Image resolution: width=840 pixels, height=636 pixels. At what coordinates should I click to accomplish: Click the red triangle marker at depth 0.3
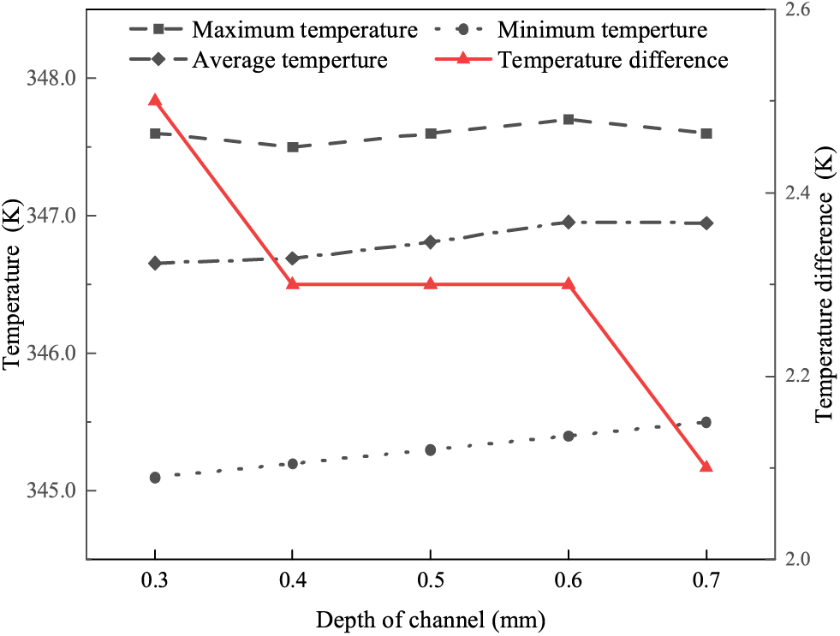pos(155,101)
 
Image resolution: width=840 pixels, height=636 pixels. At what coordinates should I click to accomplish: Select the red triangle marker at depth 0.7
pos(706,467)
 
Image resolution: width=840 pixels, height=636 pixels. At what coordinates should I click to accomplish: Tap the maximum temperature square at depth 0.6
pos(569,119)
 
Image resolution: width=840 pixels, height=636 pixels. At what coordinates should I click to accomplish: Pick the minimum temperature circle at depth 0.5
pos(431,450)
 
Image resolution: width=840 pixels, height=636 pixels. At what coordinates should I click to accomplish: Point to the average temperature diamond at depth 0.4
pos(293,259)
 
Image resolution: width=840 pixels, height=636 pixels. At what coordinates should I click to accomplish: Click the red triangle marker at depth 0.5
pos(431,283)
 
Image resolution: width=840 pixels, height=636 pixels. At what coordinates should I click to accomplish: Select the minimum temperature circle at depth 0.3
pos(155,478)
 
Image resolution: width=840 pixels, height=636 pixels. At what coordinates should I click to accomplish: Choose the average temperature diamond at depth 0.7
pos(706,223)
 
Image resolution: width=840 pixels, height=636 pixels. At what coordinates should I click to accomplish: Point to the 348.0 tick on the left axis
pos(52,79)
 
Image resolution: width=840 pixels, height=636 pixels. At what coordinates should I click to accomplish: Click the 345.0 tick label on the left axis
pos(52,491)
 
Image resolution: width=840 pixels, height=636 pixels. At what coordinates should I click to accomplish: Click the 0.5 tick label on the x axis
pos(431,581)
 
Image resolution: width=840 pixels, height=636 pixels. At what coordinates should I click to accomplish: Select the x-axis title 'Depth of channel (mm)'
pos(431,618)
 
